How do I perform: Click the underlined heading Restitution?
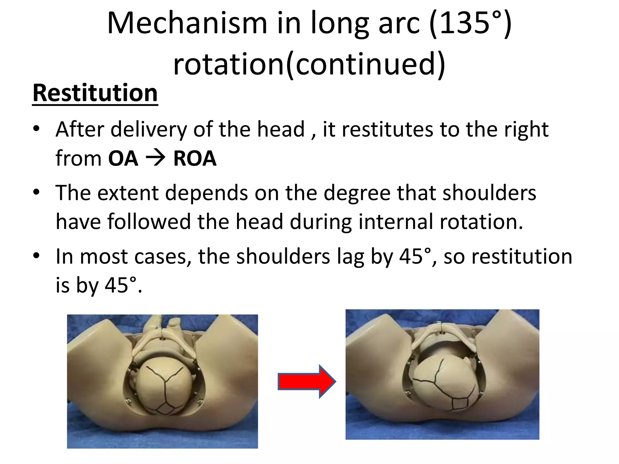point(95,93)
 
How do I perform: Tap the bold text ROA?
point(195,158)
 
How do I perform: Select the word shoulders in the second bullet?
point(489,193)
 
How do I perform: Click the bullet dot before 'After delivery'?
point(37,129)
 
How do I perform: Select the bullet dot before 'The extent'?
point(37,192)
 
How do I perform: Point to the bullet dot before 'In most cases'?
point(37,256)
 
